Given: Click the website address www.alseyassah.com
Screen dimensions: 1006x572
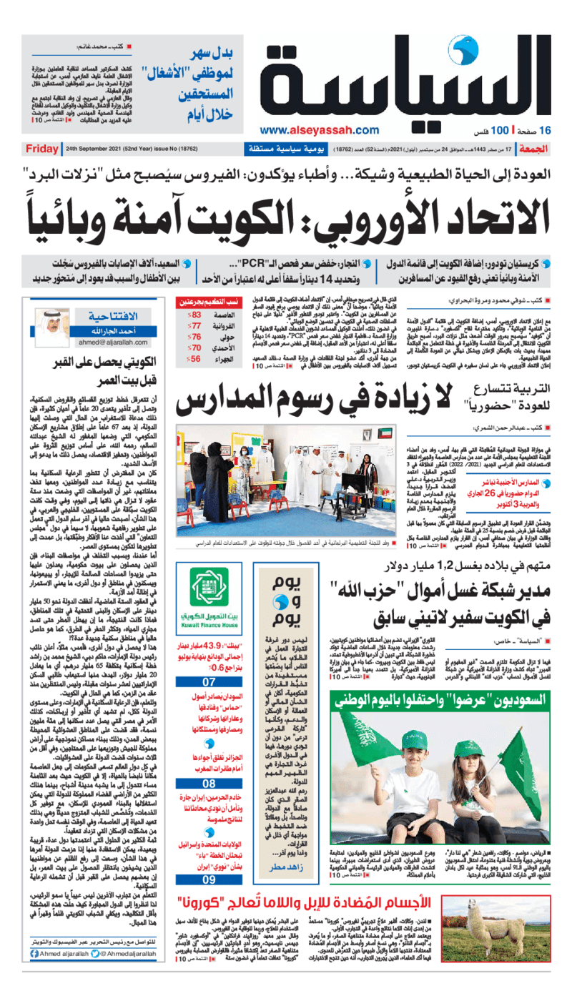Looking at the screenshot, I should (320, 129).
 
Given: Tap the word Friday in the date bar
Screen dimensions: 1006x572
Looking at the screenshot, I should (41, 149).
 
